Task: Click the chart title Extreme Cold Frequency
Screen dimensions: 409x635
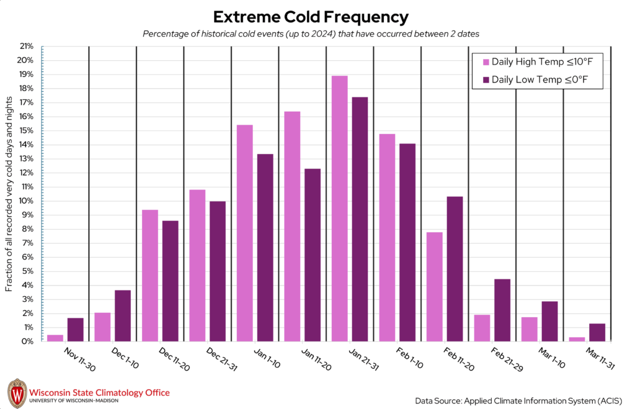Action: (311, 16)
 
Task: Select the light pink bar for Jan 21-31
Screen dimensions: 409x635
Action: (339, 209)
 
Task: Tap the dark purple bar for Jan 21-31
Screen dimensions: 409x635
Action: (360, 219)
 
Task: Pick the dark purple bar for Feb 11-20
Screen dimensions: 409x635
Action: (455, 269)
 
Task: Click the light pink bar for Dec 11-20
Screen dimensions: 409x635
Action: (149, 276)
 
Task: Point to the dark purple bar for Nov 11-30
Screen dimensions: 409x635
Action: (75, 330)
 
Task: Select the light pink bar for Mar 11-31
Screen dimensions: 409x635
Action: (577, 339)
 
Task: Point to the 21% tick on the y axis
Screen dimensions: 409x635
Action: (26, 46)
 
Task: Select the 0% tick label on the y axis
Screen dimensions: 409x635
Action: (27, 341)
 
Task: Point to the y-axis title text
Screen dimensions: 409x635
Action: (9, 194)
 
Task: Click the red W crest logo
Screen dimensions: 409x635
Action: (17, 392)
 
